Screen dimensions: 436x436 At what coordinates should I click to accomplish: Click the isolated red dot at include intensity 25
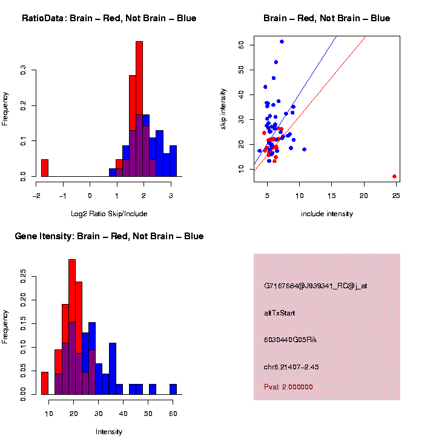click(394, 176)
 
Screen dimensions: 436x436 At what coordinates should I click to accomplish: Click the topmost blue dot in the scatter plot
click(282, 42)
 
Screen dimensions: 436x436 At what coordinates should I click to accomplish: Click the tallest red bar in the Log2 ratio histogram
click(139, 109)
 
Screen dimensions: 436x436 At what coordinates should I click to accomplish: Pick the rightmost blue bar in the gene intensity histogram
click(173, 389)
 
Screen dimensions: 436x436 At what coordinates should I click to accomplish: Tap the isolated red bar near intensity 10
click(45, 383)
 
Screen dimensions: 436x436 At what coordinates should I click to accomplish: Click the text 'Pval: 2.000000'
click(288, 387)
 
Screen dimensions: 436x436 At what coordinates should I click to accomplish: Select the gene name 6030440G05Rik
click(291, 340)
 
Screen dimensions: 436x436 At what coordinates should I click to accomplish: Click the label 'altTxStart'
click(280, 313)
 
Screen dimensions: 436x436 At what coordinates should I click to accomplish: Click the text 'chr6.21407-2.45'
click(296, 367)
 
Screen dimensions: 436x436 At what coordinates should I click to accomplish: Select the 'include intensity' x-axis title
click(326, 214)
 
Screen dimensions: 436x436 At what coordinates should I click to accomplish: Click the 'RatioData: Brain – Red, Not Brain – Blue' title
click(109, 19)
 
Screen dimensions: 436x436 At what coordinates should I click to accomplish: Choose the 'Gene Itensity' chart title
click(109, 236)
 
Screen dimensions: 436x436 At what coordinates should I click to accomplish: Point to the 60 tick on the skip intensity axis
click(241, 45)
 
